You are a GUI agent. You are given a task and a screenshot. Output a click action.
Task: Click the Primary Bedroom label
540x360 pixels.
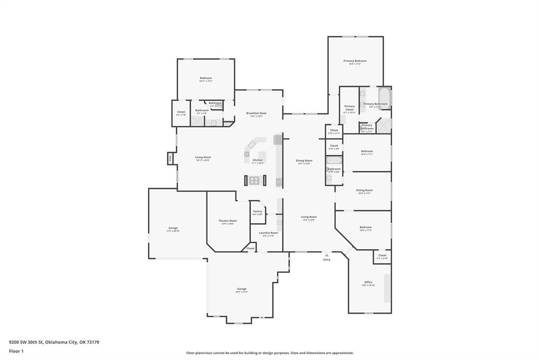355,61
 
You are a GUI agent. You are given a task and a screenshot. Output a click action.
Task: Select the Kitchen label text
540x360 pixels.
258,160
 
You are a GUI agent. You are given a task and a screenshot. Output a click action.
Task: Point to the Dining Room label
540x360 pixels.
304,160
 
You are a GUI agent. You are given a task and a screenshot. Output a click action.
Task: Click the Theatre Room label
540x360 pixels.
228,221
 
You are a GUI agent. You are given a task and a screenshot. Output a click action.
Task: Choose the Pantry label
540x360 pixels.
257,211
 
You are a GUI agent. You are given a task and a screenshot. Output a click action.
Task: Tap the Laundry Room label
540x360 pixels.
268,233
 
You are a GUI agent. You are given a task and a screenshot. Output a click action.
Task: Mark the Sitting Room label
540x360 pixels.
364,190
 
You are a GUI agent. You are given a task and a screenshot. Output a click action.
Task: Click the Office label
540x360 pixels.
368,282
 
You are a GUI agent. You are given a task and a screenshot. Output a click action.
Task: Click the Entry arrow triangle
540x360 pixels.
327,254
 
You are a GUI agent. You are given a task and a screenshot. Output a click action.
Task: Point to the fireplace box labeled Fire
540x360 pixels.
170,158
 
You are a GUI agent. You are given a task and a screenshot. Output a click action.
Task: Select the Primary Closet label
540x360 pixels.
349,108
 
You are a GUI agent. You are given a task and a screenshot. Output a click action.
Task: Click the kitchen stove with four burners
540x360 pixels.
254,180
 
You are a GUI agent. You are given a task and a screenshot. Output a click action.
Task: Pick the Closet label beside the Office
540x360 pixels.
382,255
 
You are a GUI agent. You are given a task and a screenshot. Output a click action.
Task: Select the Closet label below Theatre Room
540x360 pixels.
250,248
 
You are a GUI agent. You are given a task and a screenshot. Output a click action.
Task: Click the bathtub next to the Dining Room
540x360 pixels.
334,160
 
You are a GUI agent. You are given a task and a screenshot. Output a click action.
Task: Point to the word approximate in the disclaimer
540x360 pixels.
340,353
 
